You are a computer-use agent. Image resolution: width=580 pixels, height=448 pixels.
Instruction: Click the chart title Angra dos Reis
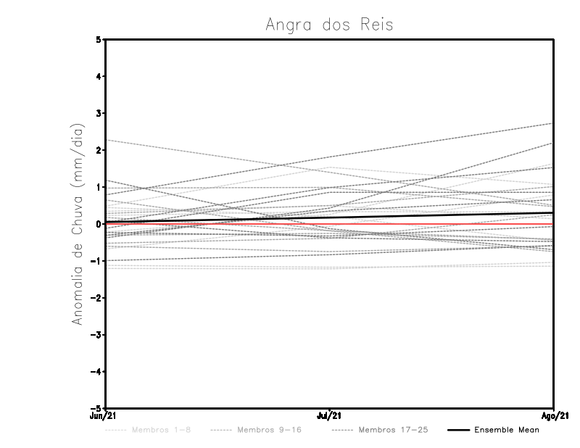[x=329, y=25]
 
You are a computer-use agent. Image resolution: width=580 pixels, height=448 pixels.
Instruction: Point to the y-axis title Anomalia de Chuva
[x=77, y=224]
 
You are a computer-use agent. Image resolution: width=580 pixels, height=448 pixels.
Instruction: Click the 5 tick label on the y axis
[x=98, y=40]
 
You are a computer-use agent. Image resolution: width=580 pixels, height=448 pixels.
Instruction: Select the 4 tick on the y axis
[x=98, y=77]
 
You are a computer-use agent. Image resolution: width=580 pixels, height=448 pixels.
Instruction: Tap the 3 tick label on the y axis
[x=98, y=114]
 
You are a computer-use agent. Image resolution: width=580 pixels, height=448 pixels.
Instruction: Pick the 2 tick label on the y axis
[x=98, y=151]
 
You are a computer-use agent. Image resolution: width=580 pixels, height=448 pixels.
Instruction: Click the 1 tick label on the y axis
[x=98, y=187]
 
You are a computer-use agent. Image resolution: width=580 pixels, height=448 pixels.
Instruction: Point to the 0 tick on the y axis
[x=98, y=224]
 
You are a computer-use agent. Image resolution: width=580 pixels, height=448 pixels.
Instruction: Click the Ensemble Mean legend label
[x=507, y=430]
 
